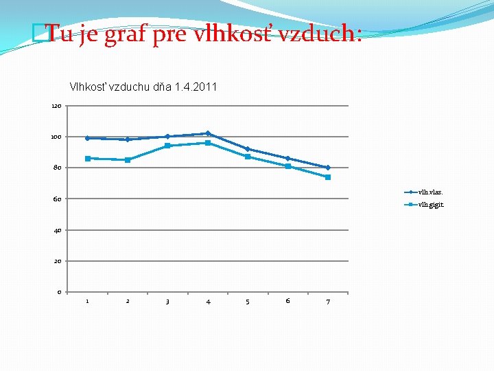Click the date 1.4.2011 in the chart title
click(x=196, y=87)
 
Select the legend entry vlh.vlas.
click(x=431, y=192)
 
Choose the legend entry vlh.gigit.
click(x=431, y=205)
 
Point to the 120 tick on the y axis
click(x=56, y=106)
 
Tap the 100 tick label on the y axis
click(x=56, y=137)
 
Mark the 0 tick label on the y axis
click(x=59, y=293)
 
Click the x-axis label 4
click(x=208, y=301)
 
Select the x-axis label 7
click(x=328, y=301)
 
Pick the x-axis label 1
click(x=87, y=300)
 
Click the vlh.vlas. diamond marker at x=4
click(x=208, y=133)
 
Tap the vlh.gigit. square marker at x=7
click(x=328, y=177)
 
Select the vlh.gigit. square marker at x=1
click(x=87, y=159)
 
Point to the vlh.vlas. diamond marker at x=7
click(x=328, y=168)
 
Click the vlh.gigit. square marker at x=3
click(x=167, y=146)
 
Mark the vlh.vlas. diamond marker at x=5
click(x=248, y=149)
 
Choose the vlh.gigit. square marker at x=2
click(x=128, y=160)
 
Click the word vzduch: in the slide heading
click(x=322, y=34)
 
